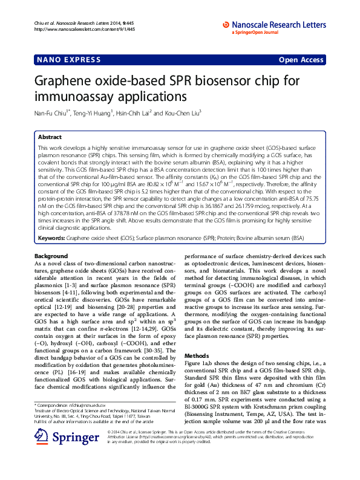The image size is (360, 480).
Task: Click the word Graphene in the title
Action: [59, 80]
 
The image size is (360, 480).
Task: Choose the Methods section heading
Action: [196, 356]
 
